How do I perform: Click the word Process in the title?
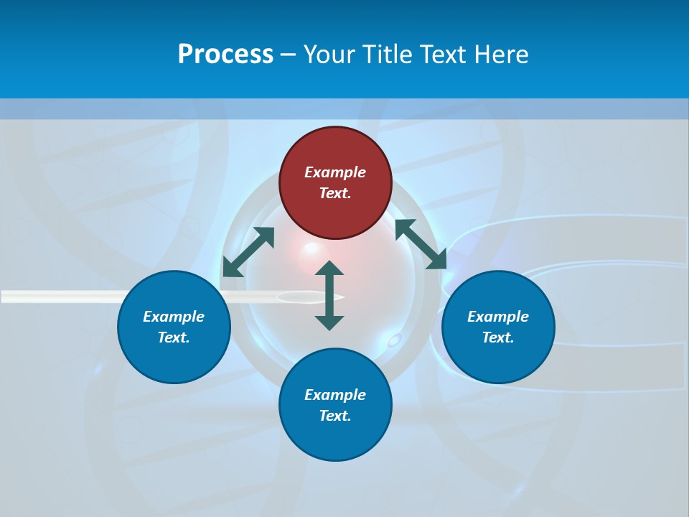point(225,55)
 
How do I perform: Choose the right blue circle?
point(498,355)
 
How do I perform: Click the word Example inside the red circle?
point(335,172)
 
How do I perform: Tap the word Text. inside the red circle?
point(335,193)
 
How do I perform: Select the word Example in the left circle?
point(174,317)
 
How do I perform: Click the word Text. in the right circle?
point(498,337)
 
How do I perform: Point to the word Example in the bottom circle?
point(335,395)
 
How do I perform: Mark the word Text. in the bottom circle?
point(335,416)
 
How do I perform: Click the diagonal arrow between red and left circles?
point(248,251)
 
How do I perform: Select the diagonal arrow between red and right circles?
point(421,244)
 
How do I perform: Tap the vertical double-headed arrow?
point(329,295)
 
